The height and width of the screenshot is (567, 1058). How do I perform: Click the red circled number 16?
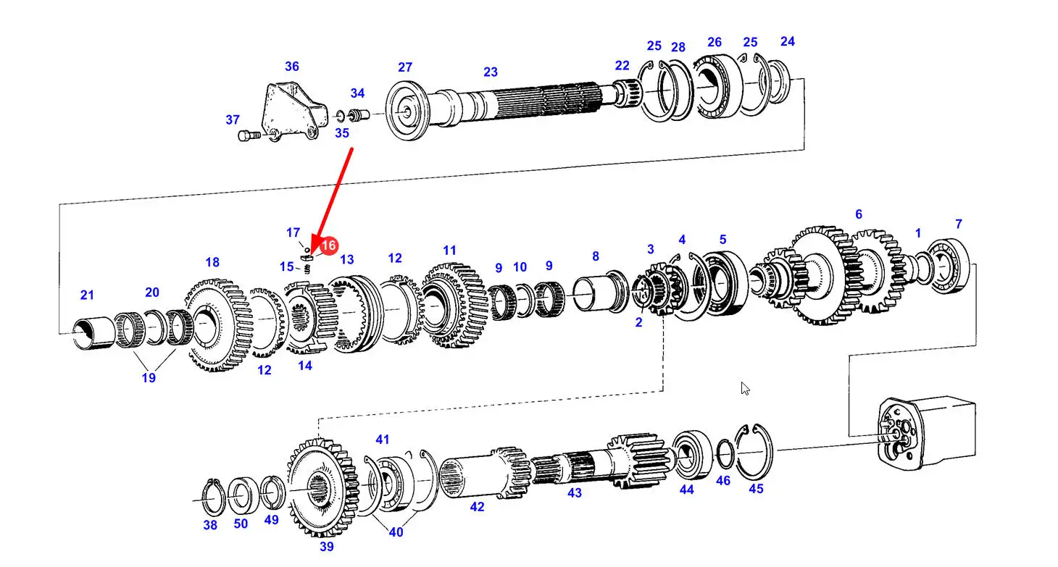tap(328, 245)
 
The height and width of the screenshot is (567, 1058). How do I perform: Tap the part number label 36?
tap(292, 66)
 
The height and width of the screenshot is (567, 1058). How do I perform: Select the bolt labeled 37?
tap(249, 136)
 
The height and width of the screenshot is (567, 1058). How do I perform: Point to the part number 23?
tap(491, 72)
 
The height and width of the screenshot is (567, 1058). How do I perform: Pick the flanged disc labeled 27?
tap(407, 110)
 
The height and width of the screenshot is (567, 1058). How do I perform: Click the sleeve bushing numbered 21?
tap(93, 333)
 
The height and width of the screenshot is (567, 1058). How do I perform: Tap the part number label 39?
tap(327, 546)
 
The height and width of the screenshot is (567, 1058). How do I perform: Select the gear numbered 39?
tap(322, 487)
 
